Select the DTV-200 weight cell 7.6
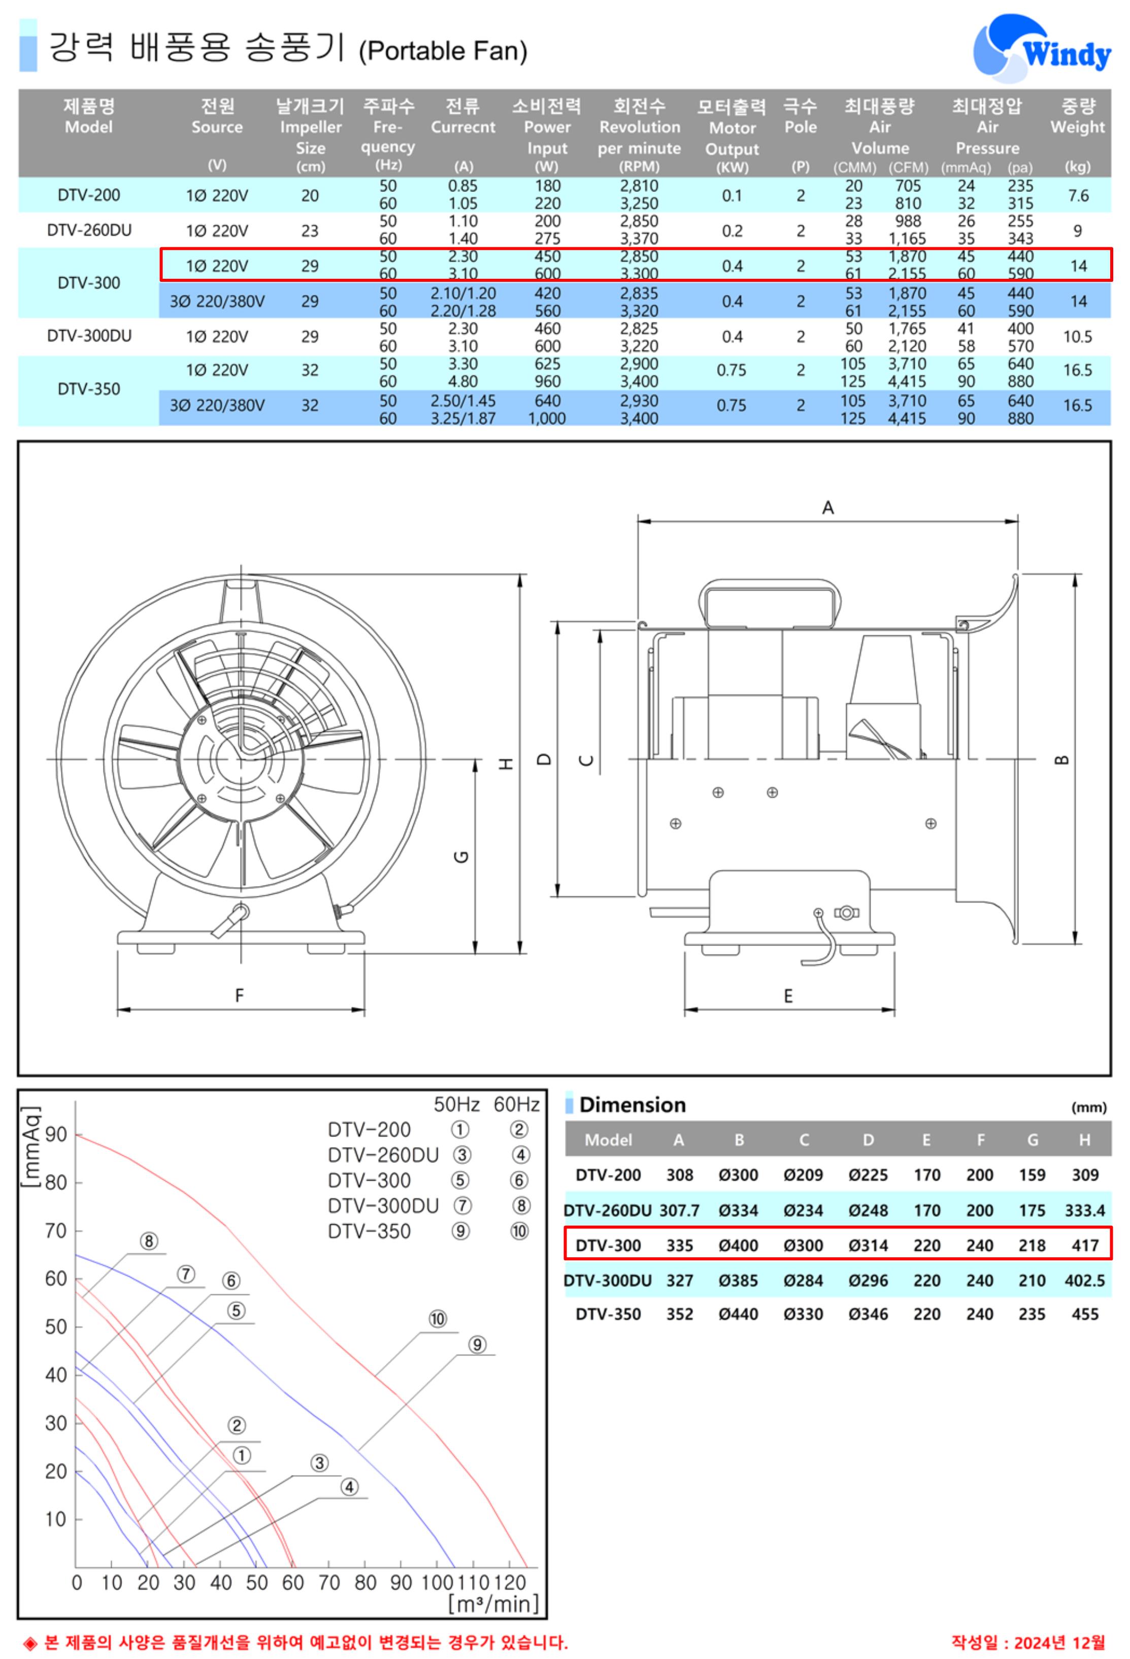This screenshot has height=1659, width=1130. pyautogui.click(x=1078, y=196)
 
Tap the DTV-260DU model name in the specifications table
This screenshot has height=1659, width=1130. pyautogui.click(x=89, y=231)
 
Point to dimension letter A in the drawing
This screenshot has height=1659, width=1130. pyautogui.click(x=827, y=507)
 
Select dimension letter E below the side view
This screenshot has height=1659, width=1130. pyautogui.click(x=788, y=995)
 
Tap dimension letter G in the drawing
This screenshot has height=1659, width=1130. pyautogui.click(x=462, y=857)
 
